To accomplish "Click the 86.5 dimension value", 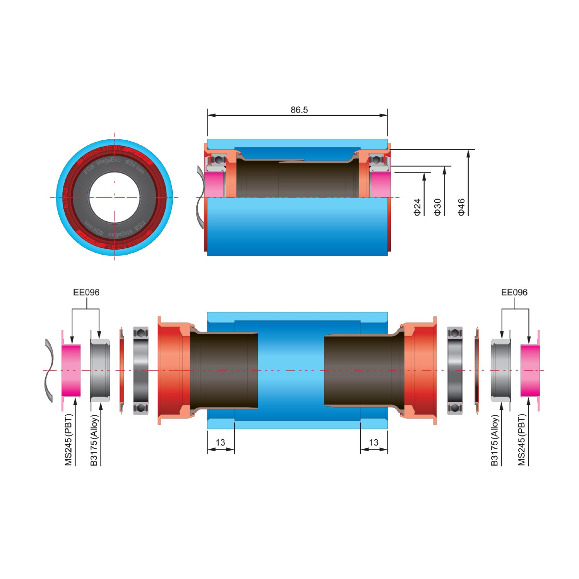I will point(299,110).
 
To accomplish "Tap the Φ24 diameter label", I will point(417,207).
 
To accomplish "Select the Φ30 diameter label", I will point(437,207).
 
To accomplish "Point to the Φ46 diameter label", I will point(461,207).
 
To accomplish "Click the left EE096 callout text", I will point(86,293).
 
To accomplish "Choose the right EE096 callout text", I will point(514,293).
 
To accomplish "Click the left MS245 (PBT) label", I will point(69,440).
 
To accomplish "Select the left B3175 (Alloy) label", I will point(94,440).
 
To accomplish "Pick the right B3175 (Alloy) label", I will point(495,440).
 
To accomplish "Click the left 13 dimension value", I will point(220,442).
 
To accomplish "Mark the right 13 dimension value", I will point(374,442).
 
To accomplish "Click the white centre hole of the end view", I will point(114,198).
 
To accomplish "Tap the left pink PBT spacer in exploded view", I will point(71,370).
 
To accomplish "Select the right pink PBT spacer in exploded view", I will point(530,370).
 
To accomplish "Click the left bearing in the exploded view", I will point(141,370).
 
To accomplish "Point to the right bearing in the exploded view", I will point(455,370).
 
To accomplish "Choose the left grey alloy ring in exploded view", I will point(100,370).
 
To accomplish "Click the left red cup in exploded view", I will point(172,370).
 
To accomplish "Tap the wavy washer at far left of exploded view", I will point(49,370).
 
